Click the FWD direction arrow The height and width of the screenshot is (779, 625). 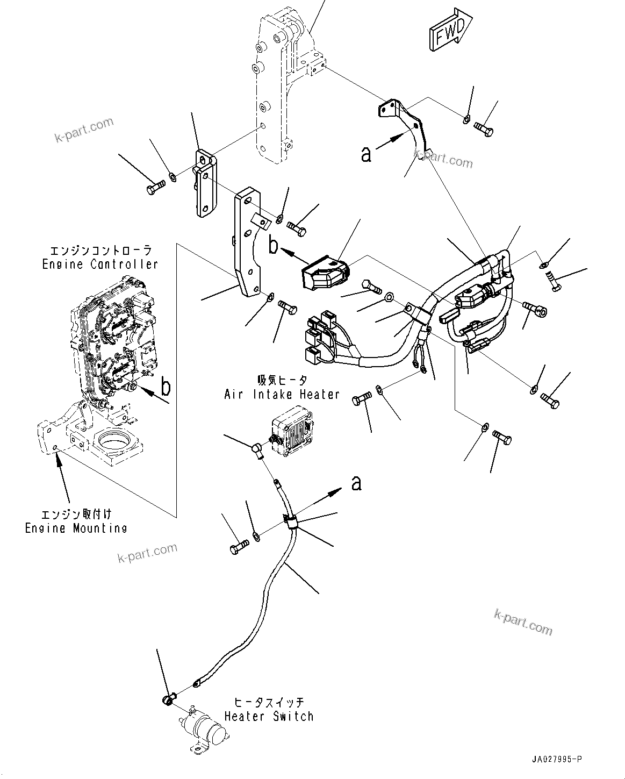(x=450, y=32)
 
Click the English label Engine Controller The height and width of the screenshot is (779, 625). (x=100, y=265)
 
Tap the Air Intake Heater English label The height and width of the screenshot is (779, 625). (x=282, y=394)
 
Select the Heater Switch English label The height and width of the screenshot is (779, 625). (x=268, y=716)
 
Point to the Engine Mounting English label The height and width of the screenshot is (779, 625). (x=76, y=528)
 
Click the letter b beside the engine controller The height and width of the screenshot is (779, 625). (x=166, y=387)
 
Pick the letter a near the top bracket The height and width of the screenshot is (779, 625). (x=366, y=155)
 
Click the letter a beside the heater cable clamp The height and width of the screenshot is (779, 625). (x=356, y=483)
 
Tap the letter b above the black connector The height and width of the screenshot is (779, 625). (x=274, y=246)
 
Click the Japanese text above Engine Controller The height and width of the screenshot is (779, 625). (x=100, y=251)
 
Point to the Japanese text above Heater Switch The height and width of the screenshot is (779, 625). (x=269, y=703)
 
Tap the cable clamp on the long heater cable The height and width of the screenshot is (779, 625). (x=290, y=521)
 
